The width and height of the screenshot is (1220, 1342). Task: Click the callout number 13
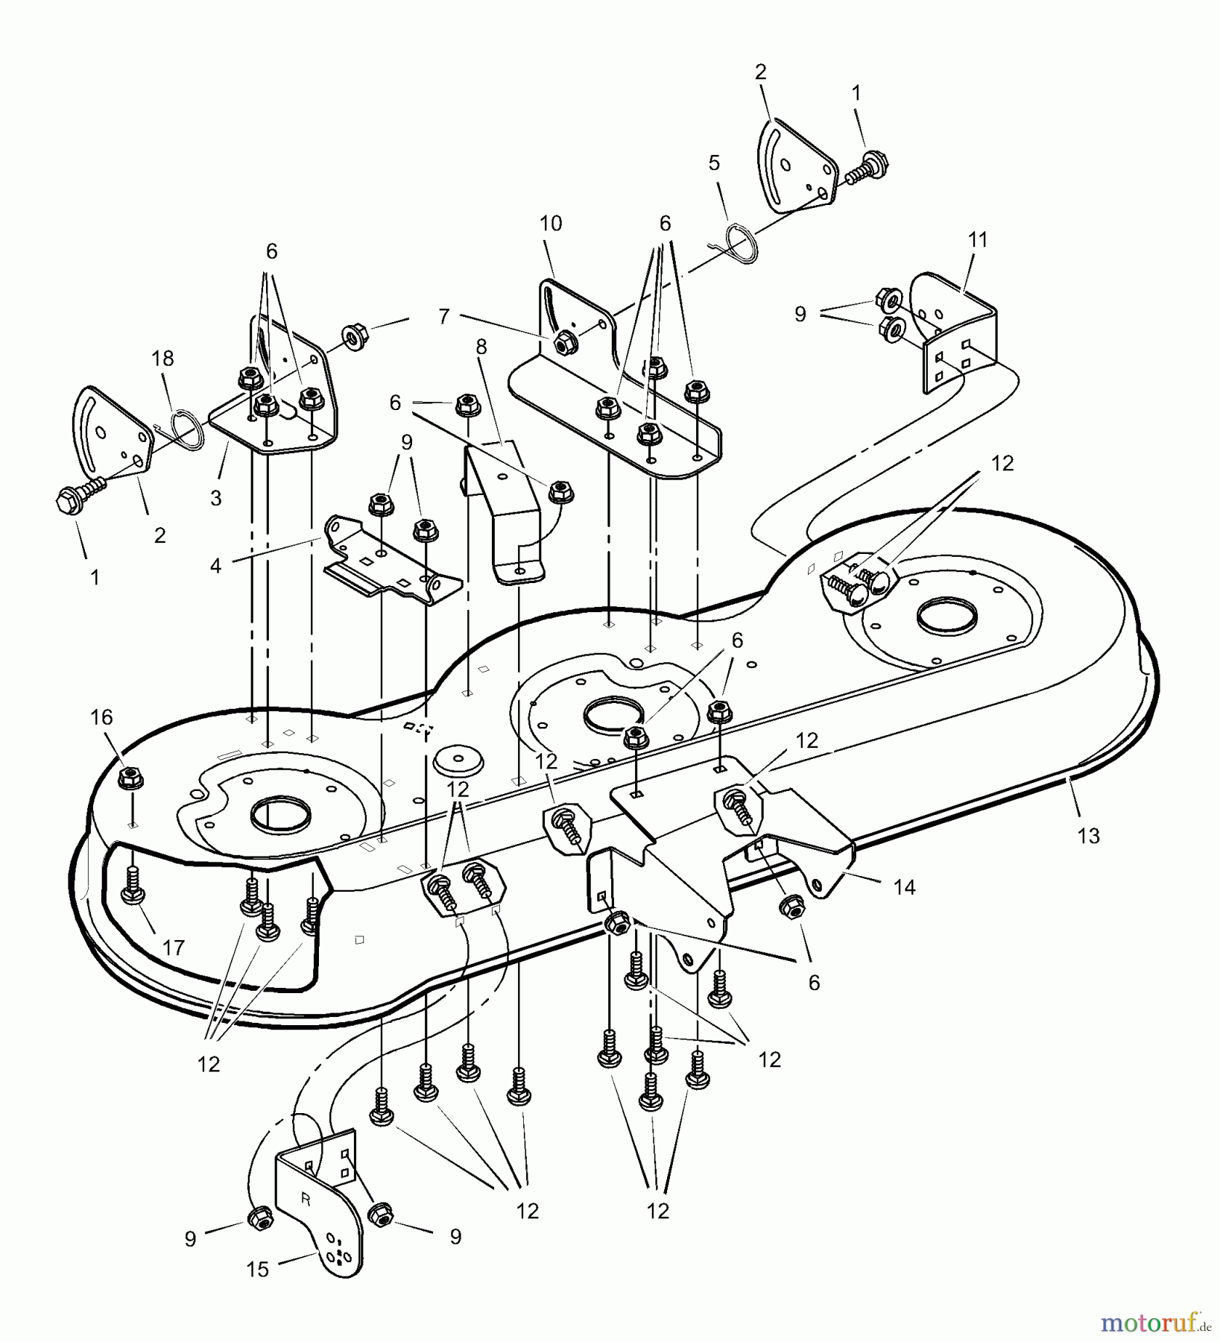[1089, 836]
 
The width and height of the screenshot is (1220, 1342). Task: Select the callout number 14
[905, 887]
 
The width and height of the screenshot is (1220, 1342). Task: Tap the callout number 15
[257, 1270]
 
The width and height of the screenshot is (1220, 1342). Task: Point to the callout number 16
[101, 717]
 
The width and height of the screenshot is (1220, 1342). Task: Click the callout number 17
[173, 948]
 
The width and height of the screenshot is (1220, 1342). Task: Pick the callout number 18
[162, 359]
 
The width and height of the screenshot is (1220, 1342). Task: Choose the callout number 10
[551, 224]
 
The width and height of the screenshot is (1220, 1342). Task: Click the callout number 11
[978, 240]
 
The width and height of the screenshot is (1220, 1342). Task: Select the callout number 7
[444, 317]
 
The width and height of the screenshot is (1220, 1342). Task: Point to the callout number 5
[714, 163]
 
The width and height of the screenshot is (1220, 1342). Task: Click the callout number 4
[215, 567]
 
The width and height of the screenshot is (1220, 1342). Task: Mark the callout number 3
[216, 499]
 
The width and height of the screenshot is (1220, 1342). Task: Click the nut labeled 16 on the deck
[130, 778]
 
